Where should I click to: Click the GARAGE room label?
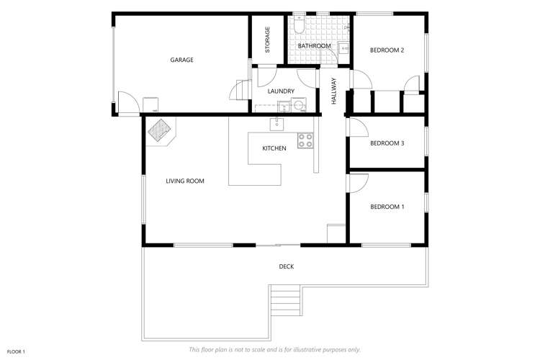[x=181, y=60]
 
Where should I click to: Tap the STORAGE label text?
[x=267, y=40]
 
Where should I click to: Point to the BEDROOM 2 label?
[x=387, y=50]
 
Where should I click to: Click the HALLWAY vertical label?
[x=334, y=91]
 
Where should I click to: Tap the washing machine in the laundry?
[x=298, y=107]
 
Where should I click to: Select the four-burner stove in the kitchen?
[x=305, y=140]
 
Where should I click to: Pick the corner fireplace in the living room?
[x=160, y=130]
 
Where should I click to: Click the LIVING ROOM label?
[x=185, y=181]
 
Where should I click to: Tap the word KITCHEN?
[x=274, y=148]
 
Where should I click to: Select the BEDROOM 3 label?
[x=387, y=143]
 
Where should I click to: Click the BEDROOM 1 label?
[x=387, y=207]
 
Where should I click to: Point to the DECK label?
[x=286, y=266]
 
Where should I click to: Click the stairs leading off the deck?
[x=285, y=299]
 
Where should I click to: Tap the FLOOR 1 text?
[x=16, y=351]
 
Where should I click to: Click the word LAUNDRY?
[x=280, y=91]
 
